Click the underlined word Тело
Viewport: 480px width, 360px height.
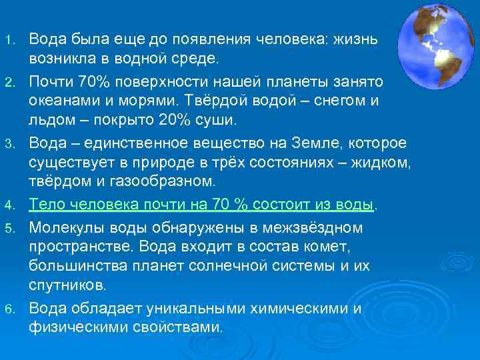pos(48,204)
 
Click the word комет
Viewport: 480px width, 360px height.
pos(339,247)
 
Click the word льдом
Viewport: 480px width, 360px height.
pos(51,120)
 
